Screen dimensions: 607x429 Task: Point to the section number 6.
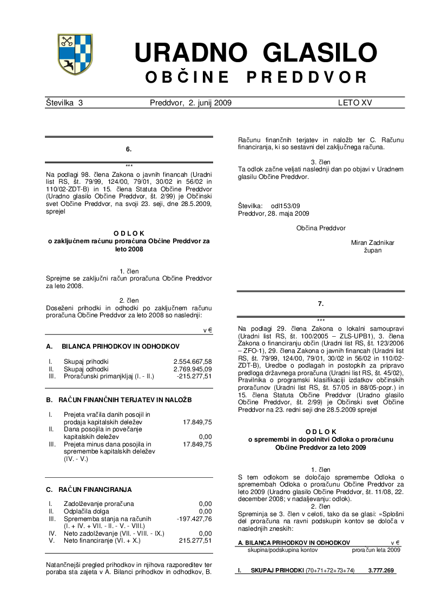129,149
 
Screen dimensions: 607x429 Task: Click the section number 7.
321,304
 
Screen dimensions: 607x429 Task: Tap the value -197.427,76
194,519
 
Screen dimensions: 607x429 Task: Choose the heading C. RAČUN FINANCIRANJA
89,490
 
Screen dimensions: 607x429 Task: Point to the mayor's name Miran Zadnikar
373,243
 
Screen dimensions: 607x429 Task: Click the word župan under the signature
373,250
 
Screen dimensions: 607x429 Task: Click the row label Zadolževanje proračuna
99,504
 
